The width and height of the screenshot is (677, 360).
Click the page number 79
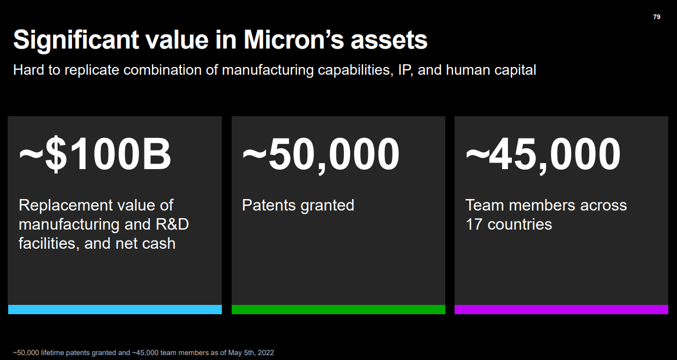click(x=656, y=17)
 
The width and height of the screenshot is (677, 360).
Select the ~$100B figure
click(x=95, y=154)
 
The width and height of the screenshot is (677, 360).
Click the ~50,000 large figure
click(x=321, y=154)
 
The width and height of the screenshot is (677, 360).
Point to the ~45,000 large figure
click(x=543, y=154)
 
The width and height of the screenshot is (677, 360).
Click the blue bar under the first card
click(x=115, y=309)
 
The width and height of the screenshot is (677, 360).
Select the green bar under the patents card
click(x=338, y=309)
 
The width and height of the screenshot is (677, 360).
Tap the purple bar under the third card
click(x=561, y=309)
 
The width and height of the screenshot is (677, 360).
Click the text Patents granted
click(x=298, y=205)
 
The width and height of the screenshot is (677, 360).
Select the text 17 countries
click(x=509, y=224)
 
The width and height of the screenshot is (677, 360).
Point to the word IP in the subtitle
click(x=400, y=70)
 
